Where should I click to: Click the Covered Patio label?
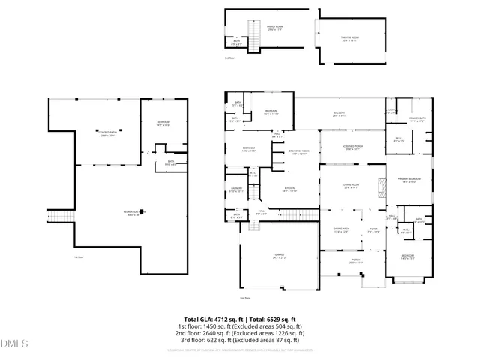coord(109,134)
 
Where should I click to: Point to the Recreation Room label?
coord(135,214)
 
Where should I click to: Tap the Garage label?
coord(279,256)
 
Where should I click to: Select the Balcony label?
coord(340,115)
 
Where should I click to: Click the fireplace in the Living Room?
coord(380,191)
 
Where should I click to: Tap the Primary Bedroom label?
coord(408,180)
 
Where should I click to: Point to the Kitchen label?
coord(289,190)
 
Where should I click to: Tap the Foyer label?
coord(373,231)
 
